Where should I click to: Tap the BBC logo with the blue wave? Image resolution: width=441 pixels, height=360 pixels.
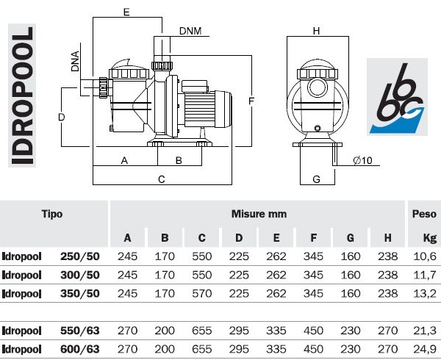396,96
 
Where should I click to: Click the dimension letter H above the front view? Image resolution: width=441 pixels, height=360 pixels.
317,32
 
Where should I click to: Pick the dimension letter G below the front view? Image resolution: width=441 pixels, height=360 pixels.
317,179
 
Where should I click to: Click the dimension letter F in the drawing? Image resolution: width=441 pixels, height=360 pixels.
251,100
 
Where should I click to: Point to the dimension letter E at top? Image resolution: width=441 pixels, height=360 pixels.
126,12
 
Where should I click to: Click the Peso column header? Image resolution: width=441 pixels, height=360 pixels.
424,215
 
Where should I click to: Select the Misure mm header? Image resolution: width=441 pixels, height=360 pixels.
259,215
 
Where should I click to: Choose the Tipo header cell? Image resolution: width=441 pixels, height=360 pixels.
51,215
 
